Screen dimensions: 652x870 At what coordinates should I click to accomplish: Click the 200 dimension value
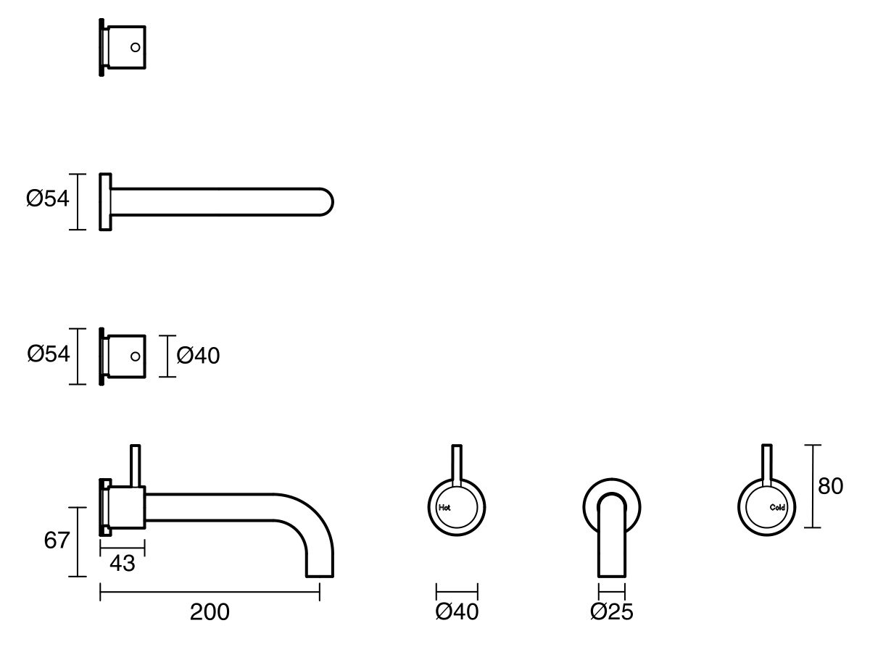point(210,612)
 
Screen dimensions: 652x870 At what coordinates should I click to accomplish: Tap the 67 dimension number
point(57,540)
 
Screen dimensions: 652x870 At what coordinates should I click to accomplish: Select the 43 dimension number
point(123,563)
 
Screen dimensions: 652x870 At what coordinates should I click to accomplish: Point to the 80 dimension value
point(831,486)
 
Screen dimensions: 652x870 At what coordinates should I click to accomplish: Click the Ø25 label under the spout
point(611,612)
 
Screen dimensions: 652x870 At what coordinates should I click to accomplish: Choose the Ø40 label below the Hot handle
point(457,612)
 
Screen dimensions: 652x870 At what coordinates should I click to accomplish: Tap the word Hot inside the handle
point(444,507)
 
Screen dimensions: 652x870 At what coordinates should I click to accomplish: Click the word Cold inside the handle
point(777,507)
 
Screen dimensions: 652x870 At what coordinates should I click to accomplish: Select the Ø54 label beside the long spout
point(47,198)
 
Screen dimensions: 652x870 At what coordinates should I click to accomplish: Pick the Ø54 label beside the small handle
point(49,354)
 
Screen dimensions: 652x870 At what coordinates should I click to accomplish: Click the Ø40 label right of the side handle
point(198,356)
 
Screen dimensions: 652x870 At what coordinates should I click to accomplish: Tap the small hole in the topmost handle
point(135,47)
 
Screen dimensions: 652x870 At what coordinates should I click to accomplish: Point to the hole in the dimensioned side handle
point(135,356)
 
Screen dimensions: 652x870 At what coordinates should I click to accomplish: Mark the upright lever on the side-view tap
point(134,464)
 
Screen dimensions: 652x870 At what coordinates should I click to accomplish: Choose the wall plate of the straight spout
point(106,201)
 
